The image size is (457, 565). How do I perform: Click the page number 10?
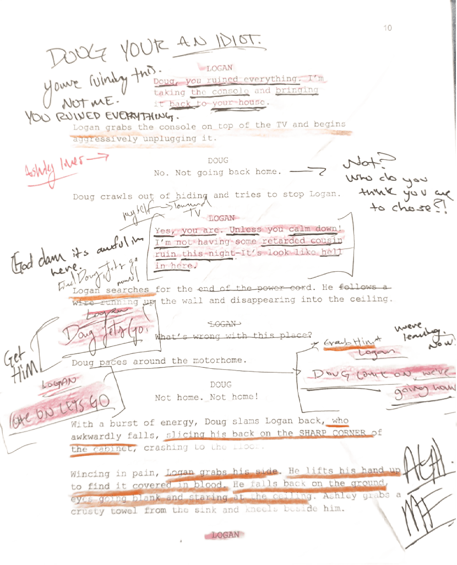[x=388, y=28]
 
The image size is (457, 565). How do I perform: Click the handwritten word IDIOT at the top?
[x=240, y=42]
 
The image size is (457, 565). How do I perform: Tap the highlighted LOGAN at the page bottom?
[x=225, y=535]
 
